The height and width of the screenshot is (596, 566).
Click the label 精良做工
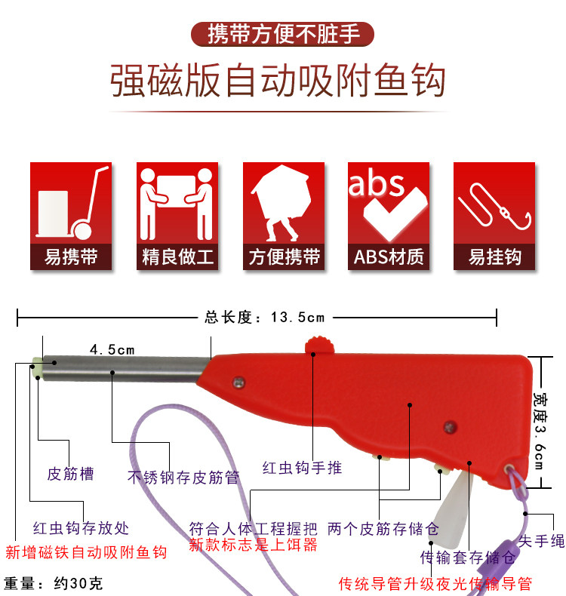(x=178, y=257)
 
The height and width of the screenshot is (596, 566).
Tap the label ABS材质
(x=389, y=257)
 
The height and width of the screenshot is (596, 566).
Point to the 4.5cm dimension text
(x=112, y=349)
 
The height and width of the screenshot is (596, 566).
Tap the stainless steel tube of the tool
(x=125, y=370)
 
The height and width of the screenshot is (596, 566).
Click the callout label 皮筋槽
(x=70, y=474)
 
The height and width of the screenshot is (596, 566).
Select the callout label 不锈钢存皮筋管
(x=183, y=477)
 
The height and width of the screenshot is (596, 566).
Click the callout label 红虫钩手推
(x=302, y=468)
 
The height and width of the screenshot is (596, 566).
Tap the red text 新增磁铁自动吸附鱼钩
(x=85, y=551)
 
